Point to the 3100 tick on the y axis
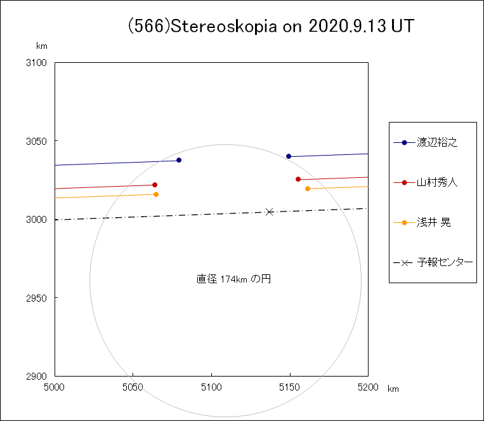[x=39, y=63]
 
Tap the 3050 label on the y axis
[x=39, y=141]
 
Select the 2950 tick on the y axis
[x=39, y=298]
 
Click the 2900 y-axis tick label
[x=39, y=376]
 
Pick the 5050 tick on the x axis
[x=133, y=386]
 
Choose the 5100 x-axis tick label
[x=211, y=386]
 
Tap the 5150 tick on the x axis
[x=290, y=386]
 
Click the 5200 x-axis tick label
[x=368, y=386]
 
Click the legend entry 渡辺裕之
[x=437, y=142]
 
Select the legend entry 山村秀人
[x=437, y=182]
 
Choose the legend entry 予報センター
[x=445, y=262]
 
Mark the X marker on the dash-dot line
[x=270, y=211]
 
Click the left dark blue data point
[x=179, y=160]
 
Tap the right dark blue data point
[x=289, y=156]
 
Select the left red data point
[x=155, y=185]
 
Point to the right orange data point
[x=308, y=189]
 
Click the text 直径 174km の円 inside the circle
[x=234, y=279]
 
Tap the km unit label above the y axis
[x=42, y=46]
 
